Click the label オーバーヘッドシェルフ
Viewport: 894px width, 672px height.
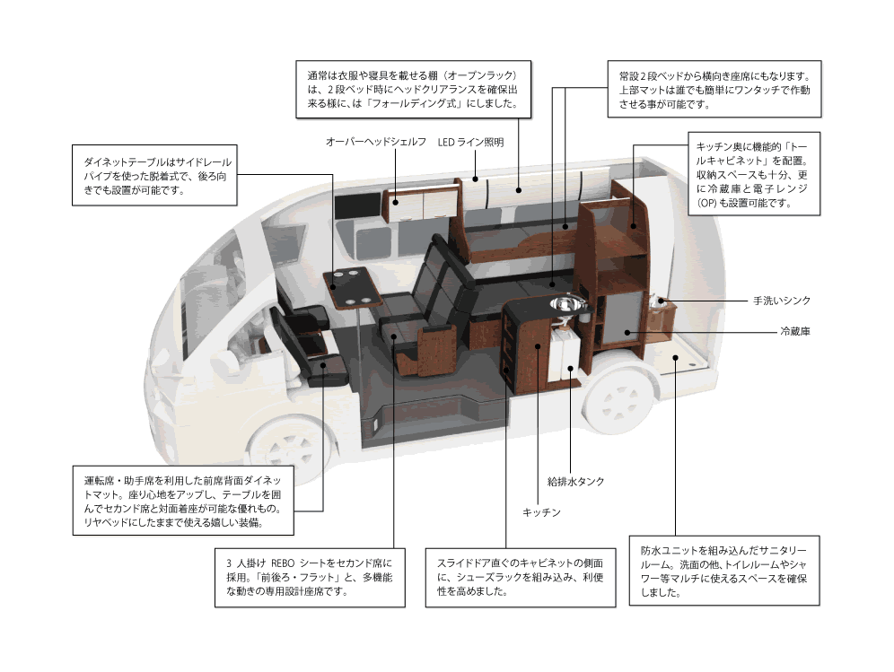click(375, 143)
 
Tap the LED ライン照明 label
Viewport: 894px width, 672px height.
click(470, 143)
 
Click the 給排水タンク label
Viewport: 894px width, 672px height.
click(575, 481)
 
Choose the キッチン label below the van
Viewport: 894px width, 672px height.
click(541, 511)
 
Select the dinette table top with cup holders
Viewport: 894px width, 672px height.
click(353, 285)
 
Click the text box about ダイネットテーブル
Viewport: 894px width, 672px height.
click(155, 174)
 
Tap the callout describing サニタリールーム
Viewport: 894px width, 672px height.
click(723, 571)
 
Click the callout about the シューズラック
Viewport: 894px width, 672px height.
click(521, 577)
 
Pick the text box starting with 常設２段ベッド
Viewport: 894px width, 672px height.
click(714, 90)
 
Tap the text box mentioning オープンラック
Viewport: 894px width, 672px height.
click(412, 90)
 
